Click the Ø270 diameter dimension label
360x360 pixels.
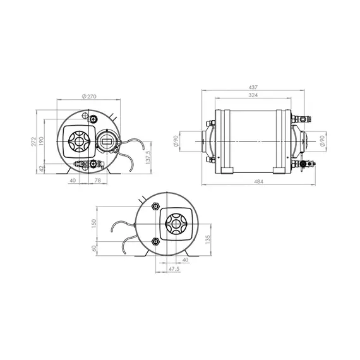(89, 97)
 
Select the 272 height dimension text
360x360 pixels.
(33, 141)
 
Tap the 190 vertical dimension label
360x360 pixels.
(41, 141)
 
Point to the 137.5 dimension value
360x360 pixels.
(148, 157)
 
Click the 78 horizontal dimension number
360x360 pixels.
(98, 181)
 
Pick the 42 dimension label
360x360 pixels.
(41, 169)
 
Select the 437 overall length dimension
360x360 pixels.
(253, 88)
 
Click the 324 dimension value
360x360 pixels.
(253, 95)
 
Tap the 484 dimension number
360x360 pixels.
(258, 182)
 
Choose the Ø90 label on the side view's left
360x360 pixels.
(176, 141)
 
